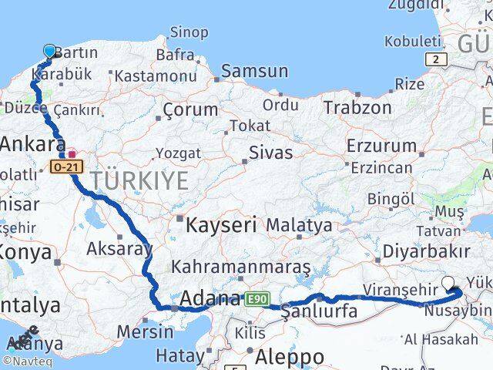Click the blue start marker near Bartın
50,52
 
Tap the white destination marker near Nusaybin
450,283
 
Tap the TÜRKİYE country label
139,181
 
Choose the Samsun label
254,72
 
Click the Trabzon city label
357,107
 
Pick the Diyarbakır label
431,251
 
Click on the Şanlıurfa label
319,312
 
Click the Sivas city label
271,153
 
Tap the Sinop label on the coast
188,32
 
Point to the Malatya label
299,226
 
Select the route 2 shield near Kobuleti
436,59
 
